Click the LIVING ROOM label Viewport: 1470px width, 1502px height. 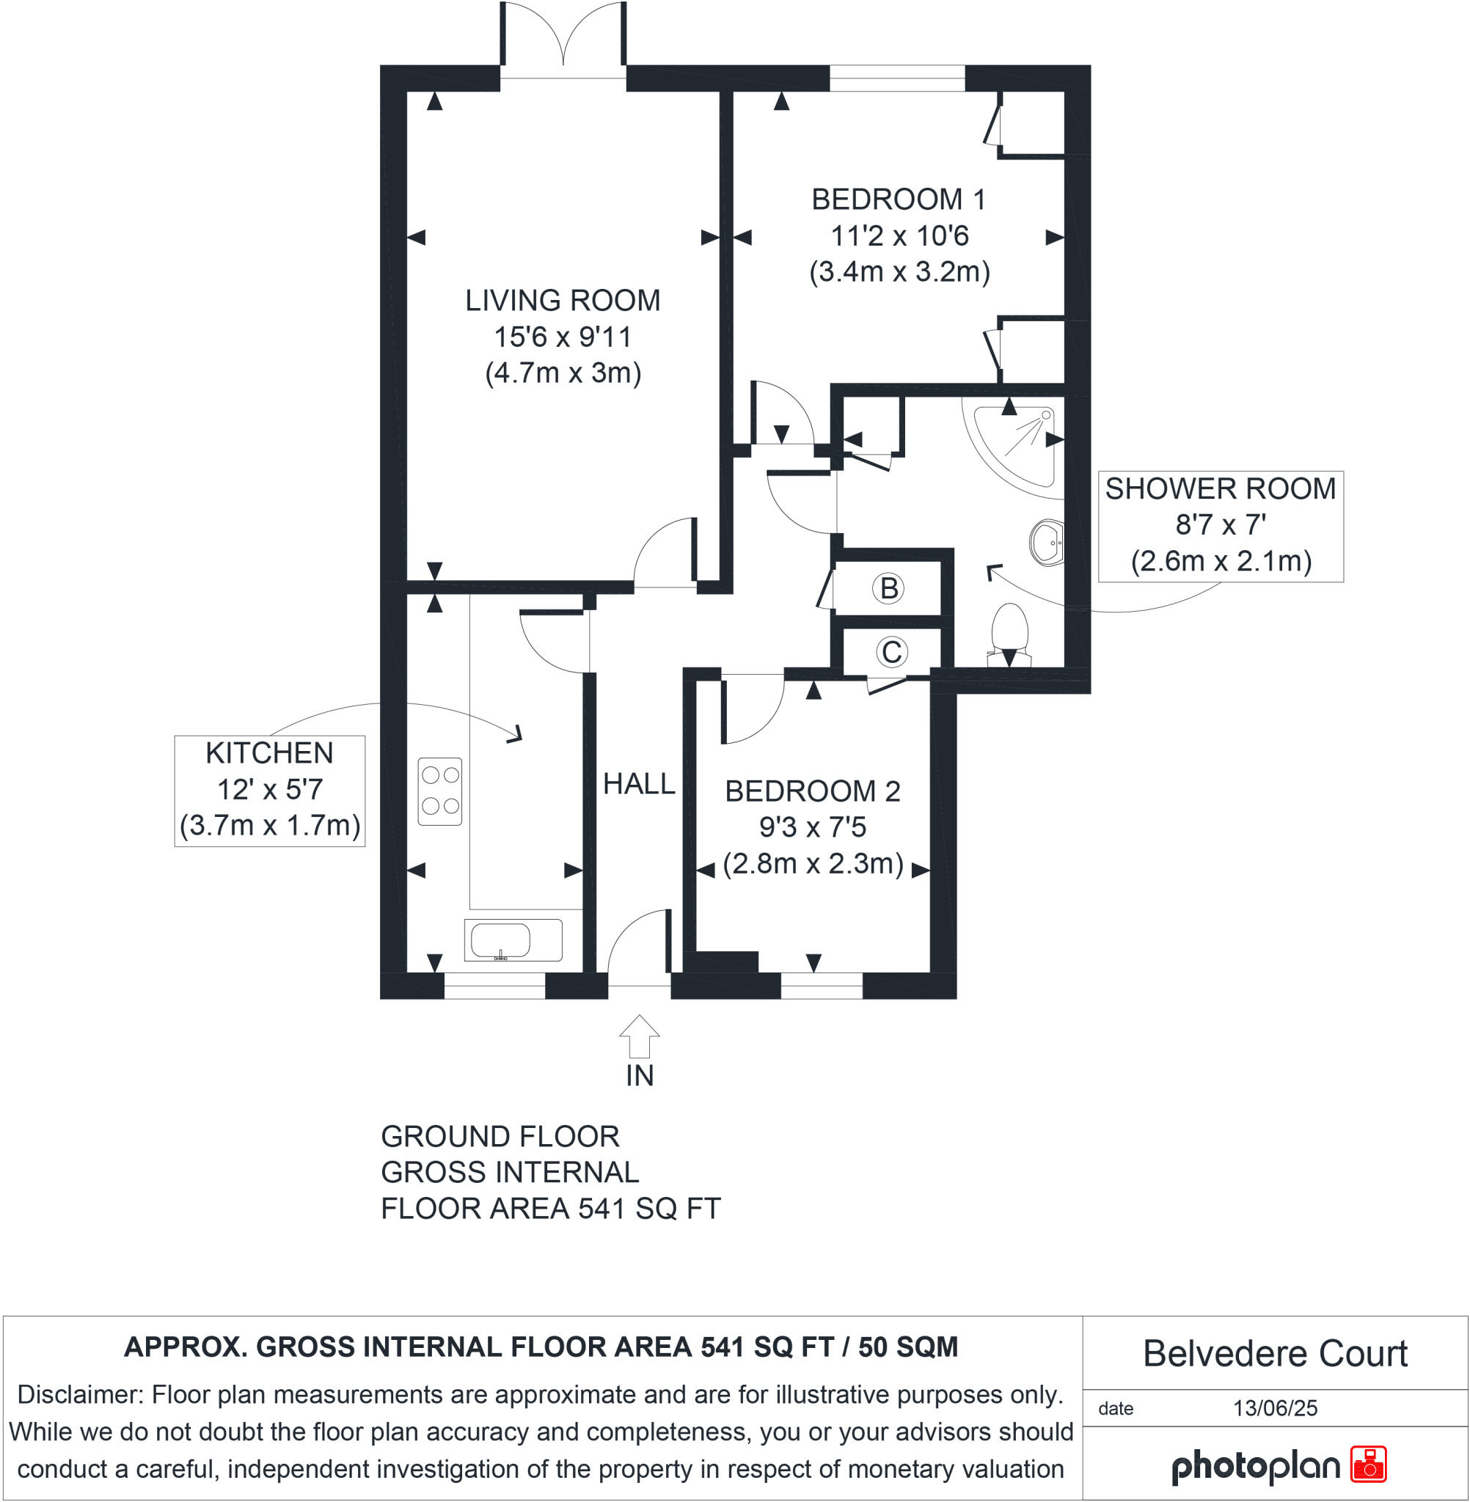(x=562, y=300)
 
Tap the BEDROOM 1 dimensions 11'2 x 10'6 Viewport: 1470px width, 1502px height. (x=899, y=235)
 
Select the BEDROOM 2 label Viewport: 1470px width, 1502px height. (x=812, y=791)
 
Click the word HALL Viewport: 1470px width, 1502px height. (x=638, y=784)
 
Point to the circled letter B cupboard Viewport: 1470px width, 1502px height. (x=888, y=589)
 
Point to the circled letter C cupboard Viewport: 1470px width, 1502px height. (x=891, y=652)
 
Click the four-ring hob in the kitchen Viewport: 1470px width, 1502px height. (x=440, y=791)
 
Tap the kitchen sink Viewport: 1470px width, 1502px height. (x=513, y=940)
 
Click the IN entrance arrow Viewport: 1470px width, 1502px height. (x=639, y=1036)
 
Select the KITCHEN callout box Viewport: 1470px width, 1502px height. (x=269, y=791)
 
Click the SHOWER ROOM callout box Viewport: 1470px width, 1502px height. (x=1220, y=526)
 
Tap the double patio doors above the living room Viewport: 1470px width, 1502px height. (x=563, y=39)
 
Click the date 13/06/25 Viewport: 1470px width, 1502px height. (x=1275, y=1409)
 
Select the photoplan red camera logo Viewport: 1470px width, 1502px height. (x=1368, y=1465)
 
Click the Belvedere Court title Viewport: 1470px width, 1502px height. (x=1275, y=1354)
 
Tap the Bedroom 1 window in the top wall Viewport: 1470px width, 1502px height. (x=897, y=78)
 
